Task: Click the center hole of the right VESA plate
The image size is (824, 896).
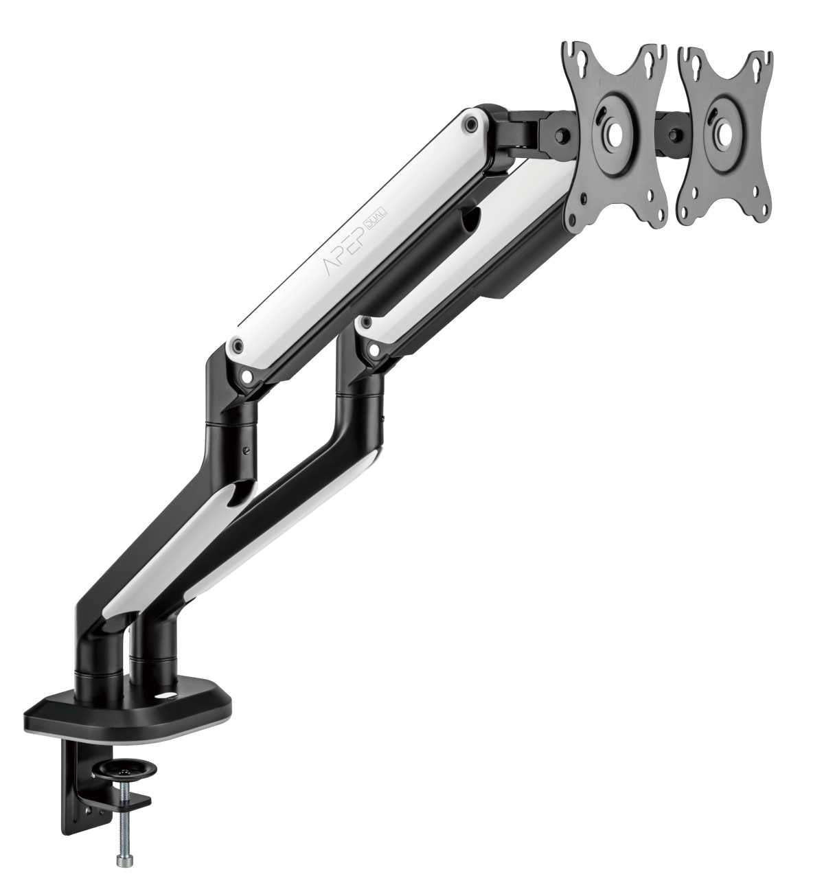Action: [x=722, y=129]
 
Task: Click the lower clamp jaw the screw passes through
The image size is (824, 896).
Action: [x=134, y=801]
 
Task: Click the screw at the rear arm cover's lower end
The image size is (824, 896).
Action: [x=374, y=349]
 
